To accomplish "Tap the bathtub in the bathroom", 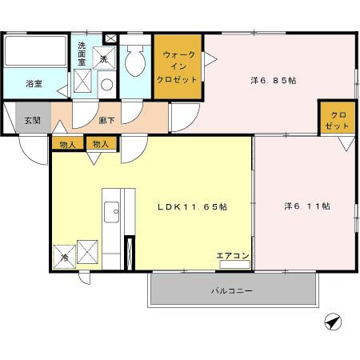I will pos(35,54).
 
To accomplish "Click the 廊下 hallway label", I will pos(106,120).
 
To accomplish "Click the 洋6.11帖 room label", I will pos(307,206).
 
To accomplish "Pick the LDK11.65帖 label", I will pos(191,206).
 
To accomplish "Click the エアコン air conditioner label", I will pos(234,256).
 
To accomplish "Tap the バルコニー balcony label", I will pos(232,290).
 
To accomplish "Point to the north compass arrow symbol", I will pos(333,322).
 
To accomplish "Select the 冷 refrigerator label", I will pos(66,258).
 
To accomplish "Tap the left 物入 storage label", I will pos(67,145).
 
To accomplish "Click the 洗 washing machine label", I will pos(103,60).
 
